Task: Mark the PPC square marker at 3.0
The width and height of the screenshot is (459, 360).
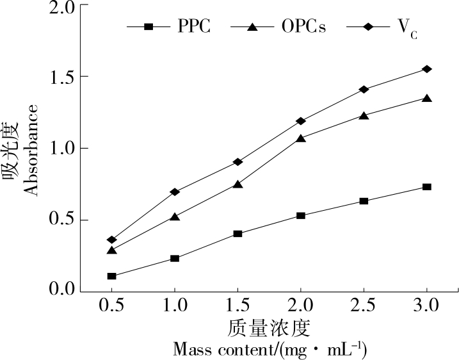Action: point(427,187)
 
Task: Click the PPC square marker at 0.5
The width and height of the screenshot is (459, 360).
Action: point(112,276)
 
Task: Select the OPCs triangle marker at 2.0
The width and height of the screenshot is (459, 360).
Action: point(301,138)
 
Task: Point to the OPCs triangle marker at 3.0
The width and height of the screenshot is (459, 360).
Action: point(427,98)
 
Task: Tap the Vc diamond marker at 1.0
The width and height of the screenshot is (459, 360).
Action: point(175,192)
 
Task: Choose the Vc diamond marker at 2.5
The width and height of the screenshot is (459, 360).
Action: point(364,90)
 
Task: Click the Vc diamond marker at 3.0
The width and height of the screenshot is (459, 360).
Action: point(427,69)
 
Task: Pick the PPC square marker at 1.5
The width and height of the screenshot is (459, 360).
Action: point(238,234)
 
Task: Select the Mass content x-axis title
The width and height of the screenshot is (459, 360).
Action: point(270,350)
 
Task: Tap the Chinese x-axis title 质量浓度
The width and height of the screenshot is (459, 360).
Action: point(269,328)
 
